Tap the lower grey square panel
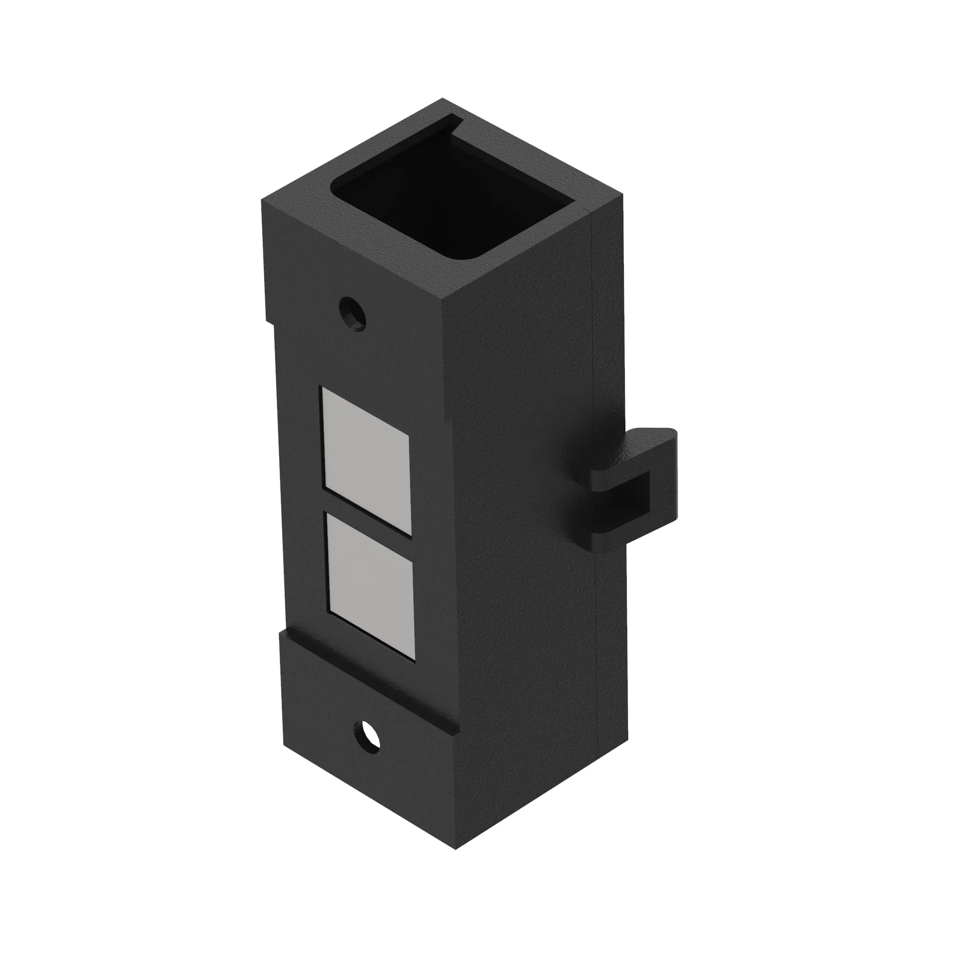pyautogui.click(x=370, y=585)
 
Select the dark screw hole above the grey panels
pyautogui.click(x=353, y=312)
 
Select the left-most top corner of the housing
pyautogui.click(x=262, y=200)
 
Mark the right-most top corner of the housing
pyautogui.click(x=622, y=195)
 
